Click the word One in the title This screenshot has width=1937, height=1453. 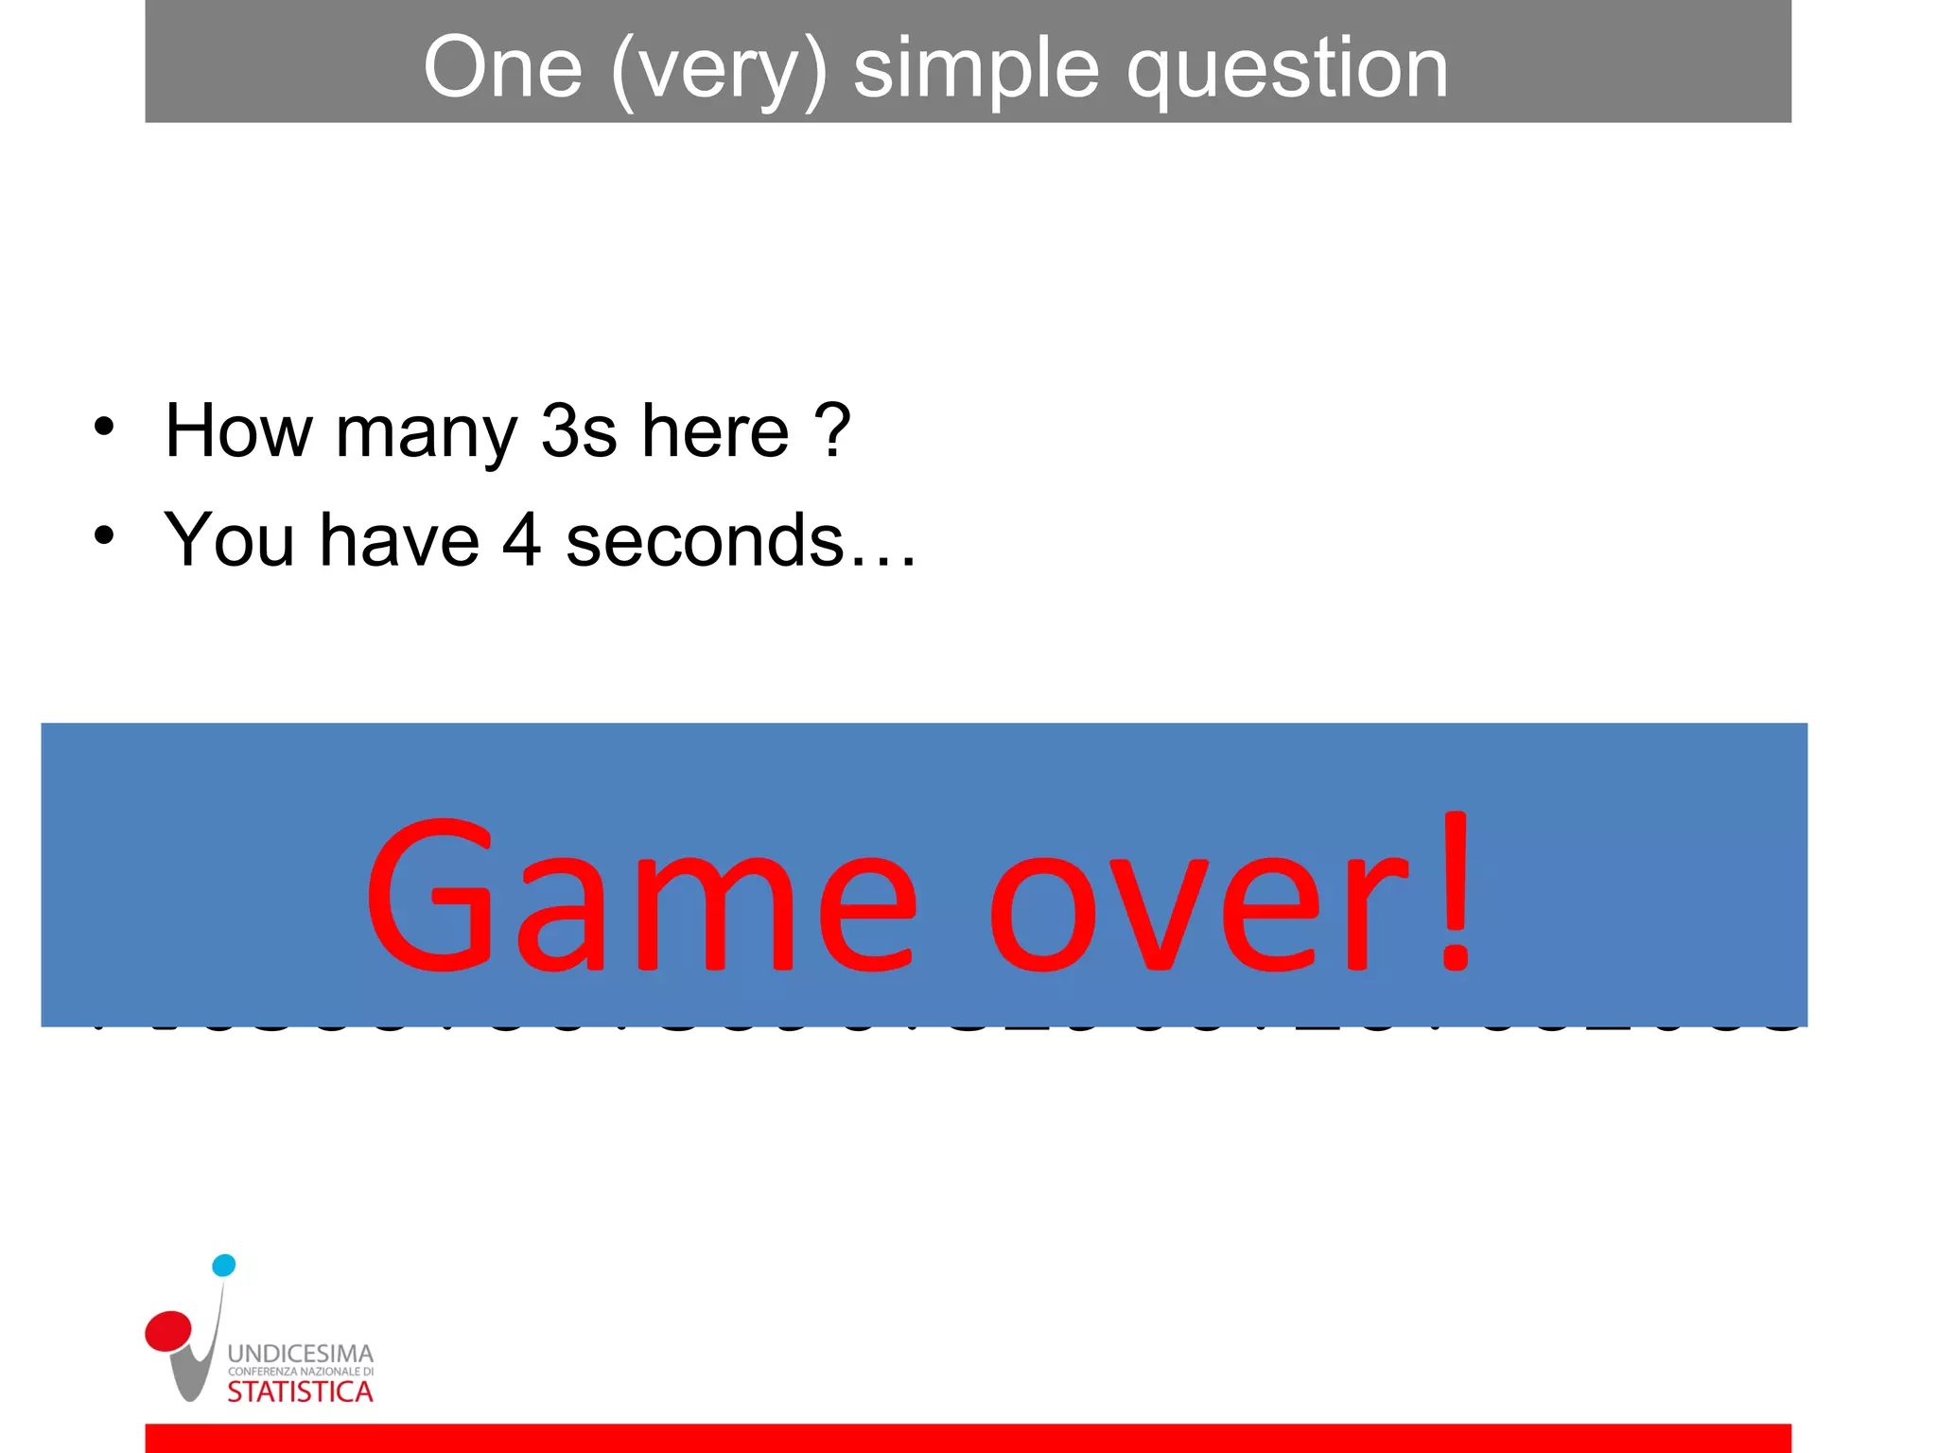coord(502,68)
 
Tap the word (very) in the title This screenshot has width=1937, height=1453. coord(719,70)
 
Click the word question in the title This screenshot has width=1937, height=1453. coord(1286,70)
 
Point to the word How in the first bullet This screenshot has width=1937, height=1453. coord(238,431)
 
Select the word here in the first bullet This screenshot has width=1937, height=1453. coord(715,431)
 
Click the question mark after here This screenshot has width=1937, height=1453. coord(833,430)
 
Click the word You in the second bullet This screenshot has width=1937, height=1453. coord(229,540)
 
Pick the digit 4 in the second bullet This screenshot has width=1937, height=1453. coord(522,540)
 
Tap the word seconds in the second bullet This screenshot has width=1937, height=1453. coord(705,541)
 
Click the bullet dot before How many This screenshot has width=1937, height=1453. coord(104,427)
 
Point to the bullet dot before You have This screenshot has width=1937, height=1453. coord(104,535)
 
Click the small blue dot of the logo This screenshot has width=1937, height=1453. coord(224,1266)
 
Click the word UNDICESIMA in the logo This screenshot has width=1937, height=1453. coord(301,1354)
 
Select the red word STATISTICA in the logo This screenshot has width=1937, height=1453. coord(301,1392)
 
